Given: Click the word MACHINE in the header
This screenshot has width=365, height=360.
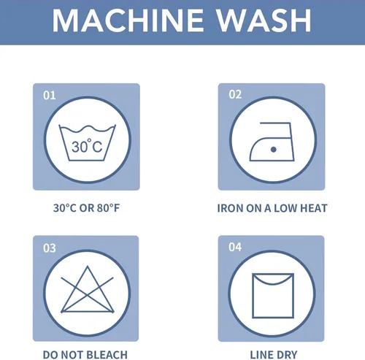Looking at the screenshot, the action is point(128,20).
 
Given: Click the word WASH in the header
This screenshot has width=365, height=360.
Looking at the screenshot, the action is point(264,20).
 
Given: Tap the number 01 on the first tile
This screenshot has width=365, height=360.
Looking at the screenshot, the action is point(50,96).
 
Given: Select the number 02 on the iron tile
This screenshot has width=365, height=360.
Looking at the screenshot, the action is point(235,94).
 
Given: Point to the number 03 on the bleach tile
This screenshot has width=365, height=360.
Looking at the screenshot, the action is point(50,248).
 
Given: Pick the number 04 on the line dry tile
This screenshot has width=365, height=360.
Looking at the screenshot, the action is point(235,247).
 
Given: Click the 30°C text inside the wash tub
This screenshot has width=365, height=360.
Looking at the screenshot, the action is point(87,146).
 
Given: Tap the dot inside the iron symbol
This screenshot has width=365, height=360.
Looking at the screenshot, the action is point(273,150).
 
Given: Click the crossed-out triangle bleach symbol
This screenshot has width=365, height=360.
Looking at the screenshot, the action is point(88,290).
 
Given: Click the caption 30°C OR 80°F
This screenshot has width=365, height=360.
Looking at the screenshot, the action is point(86,208).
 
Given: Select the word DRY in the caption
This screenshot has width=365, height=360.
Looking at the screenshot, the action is point(286,355).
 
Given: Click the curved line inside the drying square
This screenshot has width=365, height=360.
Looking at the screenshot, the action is point(273,283).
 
